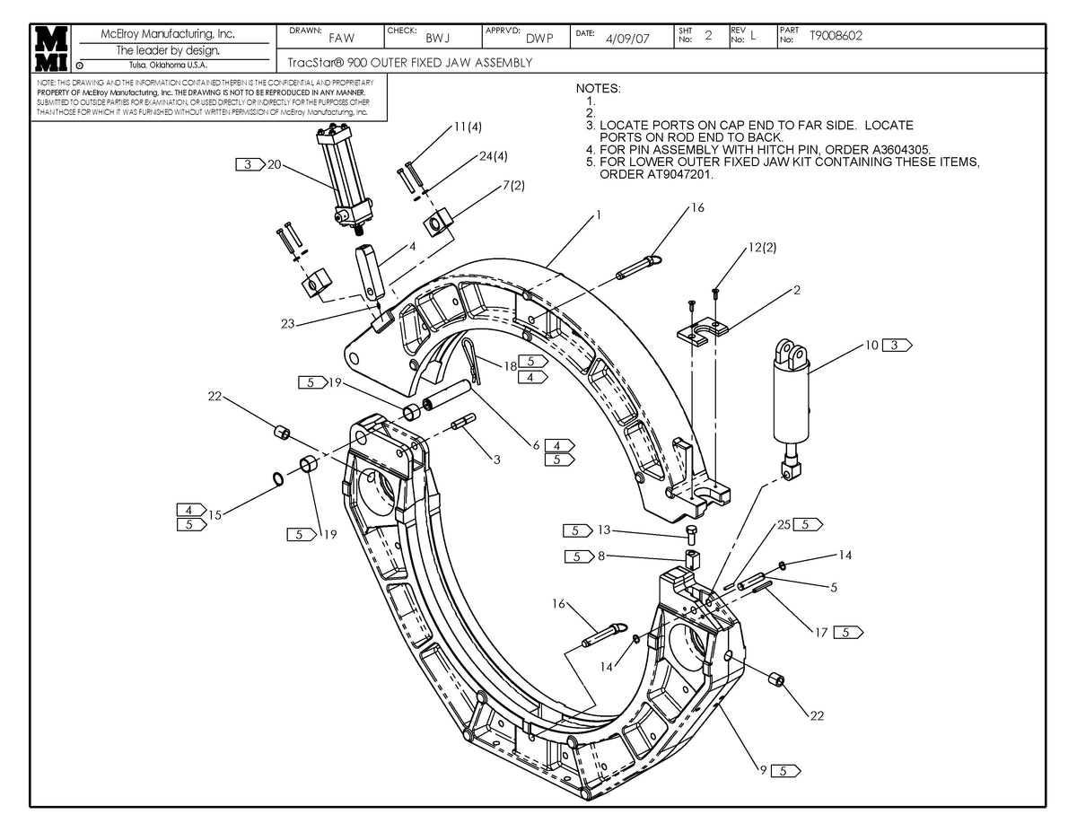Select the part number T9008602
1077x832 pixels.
pos(836,36)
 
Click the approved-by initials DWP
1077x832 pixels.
pos(539,39)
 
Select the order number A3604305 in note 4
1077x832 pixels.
pos(889,150)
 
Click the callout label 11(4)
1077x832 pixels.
pos(467,127)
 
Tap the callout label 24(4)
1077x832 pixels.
pos(494,156)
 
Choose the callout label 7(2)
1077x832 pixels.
pos(512,185)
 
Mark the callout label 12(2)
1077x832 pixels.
pos(761,247)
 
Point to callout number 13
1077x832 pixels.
pos(603,530)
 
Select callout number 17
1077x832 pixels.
pos(821,633)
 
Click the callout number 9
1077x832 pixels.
pos(762,770)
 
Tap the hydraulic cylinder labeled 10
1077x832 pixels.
pos(792,395)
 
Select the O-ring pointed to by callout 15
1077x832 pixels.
pos(279,478)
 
